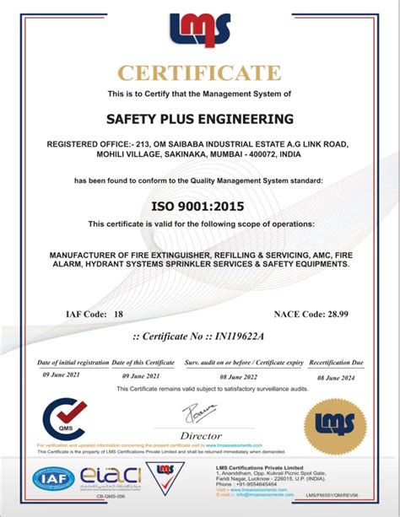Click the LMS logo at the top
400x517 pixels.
pyautogui.click(x=200, y=30)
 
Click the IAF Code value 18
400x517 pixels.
pyautogui.click(x=118, y=314)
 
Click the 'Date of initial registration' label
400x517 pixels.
pyautogui.click(x=73, y=361)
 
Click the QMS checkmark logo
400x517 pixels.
pyautogui.click(x=65, y=416)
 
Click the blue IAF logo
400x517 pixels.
pyautogui.click(x=52, y=479)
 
